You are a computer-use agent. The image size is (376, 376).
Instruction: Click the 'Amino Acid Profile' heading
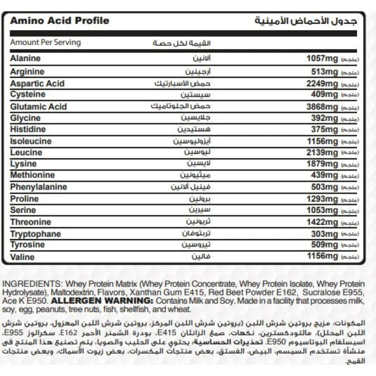[59, 20]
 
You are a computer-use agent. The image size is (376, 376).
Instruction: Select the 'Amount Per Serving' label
[45, 42]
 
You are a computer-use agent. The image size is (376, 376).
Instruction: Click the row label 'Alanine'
[25, 58]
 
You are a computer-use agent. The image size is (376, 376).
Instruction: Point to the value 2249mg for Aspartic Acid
[322, 83]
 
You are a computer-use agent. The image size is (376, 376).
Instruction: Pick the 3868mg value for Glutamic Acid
[322, 107]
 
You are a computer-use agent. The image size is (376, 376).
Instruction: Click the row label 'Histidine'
[28, 129]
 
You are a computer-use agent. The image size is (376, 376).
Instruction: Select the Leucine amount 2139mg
[322, 153]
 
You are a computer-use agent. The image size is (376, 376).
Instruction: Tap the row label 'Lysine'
[23, 164]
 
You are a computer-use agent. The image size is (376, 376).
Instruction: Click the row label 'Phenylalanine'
[38, 187]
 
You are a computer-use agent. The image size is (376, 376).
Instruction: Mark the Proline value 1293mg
[322, 199]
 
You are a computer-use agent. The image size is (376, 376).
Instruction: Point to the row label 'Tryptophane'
[35, 234]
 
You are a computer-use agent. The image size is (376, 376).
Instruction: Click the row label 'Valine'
[22, 257]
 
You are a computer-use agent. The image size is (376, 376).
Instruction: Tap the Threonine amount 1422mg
[322, 222]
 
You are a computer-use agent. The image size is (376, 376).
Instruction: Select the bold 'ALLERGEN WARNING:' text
[102, 301]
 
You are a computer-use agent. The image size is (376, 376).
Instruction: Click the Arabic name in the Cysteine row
[196, 94]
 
